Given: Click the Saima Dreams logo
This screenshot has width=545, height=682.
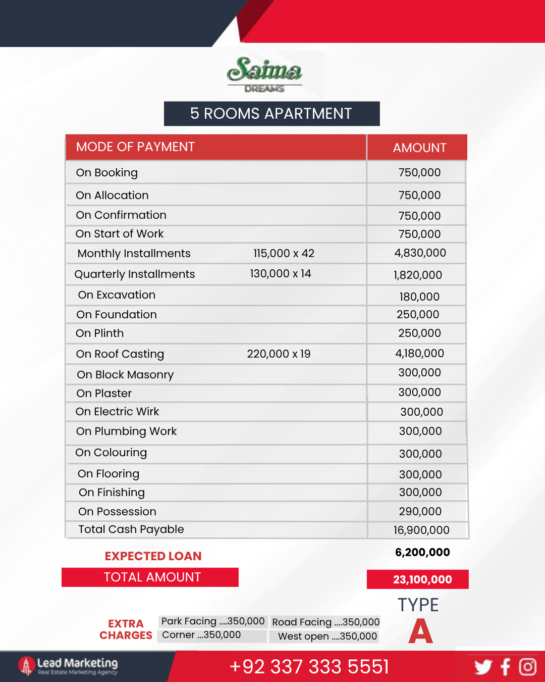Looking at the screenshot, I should click(265, 74).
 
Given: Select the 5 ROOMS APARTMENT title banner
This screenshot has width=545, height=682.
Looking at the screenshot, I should click(271, 114).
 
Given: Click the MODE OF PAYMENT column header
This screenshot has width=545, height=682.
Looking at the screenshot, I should click(135, 147).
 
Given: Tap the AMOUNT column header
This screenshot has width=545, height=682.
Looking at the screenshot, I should click(419, 148).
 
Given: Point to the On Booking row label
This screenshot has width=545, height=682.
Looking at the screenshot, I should click(106, 173).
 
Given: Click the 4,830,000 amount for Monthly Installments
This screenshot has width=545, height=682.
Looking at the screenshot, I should click(420, 253).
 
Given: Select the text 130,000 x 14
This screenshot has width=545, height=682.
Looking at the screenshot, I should click(281, 274).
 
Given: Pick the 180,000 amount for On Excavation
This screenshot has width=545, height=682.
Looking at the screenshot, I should click(419, 297).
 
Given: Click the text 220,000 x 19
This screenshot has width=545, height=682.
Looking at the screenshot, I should click(279, 354).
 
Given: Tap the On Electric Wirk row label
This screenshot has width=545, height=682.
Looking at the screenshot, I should click(117, 412).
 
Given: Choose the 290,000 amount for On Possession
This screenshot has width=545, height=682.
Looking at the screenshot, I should click(420, 511).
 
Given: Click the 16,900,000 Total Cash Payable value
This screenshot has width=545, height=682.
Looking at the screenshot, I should click(421, 530).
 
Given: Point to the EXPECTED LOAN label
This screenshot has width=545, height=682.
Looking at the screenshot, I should click(153, 556).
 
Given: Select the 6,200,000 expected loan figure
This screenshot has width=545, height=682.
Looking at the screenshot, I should click(422, 552).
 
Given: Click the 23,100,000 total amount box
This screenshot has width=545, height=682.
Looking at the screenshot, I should click(418, 579).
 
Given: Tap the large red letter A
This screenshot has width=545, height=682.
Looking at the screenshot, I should click(420, 631).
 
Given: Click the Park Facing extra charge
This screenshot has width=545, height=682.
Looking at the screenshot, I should click(212, 621).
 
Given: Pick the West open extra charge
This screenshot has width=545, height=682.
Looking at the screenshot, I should click(328, 637).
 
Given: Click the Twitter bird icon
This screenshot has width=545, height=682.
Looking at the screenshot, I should click(483, 667).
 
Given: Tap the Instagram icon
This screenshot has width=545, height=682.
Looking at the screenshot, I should click(528, 667).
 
